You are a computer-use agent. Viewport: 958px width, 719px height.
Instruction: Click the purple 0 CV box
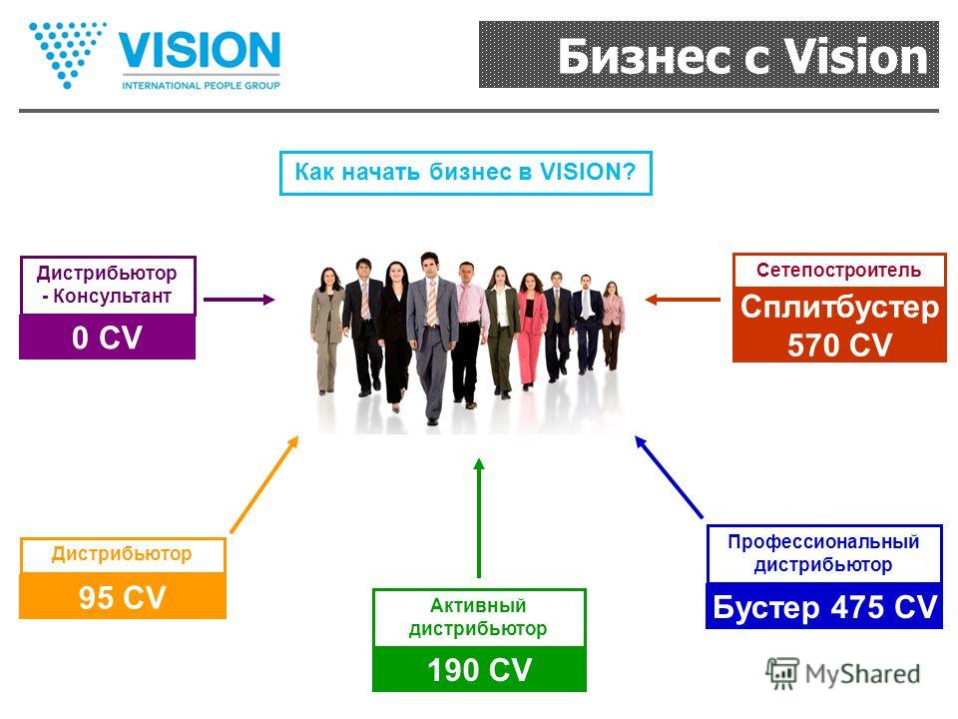click(108, 337)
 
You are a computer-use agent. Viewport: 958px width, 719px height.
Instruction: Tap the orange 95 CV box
click(123, 596)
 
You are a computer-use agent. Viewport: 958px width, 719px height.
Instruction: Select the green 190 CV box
click(479, 669)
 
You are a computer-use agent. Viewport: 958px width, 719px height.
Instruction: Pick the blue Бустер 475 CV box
click(824, 606)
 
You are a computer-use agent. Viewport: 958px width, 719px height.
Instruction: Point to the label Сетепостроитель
click(839, 271)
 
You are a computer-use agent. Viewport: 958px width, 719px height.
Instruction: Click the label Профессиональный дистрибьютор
click(823, 553)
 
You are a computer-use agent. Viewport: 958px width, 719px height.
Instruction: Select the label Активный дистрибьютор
click(478, 617)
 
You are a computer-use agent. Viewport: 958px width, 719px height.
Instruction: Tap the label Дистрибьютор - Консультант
click(107, 285)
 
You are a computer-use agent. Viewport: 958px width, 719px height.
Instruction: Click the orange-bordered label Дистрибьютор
click(122, 553)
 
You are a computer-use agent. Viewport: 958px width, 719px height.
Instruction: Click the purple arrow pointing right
click(239, 300)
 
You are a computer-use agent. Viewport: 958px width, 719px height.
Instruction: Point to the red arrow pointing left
click(683, 300)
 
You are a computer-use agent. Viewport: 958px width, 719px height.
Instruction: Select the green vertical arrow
click(479, 518)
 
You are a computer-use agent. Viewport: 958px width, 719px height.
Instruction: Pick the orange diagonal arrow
click(264, 483)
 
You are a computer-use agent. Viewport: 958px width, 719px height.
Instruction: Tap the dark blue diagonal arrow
click(669, 477)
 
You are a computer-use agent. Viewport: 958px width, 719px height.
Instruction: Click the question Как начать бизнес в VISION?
click(466, 173)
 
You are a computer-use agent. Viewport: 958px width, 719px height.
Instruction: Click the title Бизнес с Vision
click(742, 56)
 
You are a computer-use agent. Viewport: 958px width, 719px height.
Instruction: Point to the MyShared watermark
click(843, 674)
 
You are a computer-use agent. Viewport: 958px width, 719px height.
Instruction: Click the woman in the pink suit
click(531, 331)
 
